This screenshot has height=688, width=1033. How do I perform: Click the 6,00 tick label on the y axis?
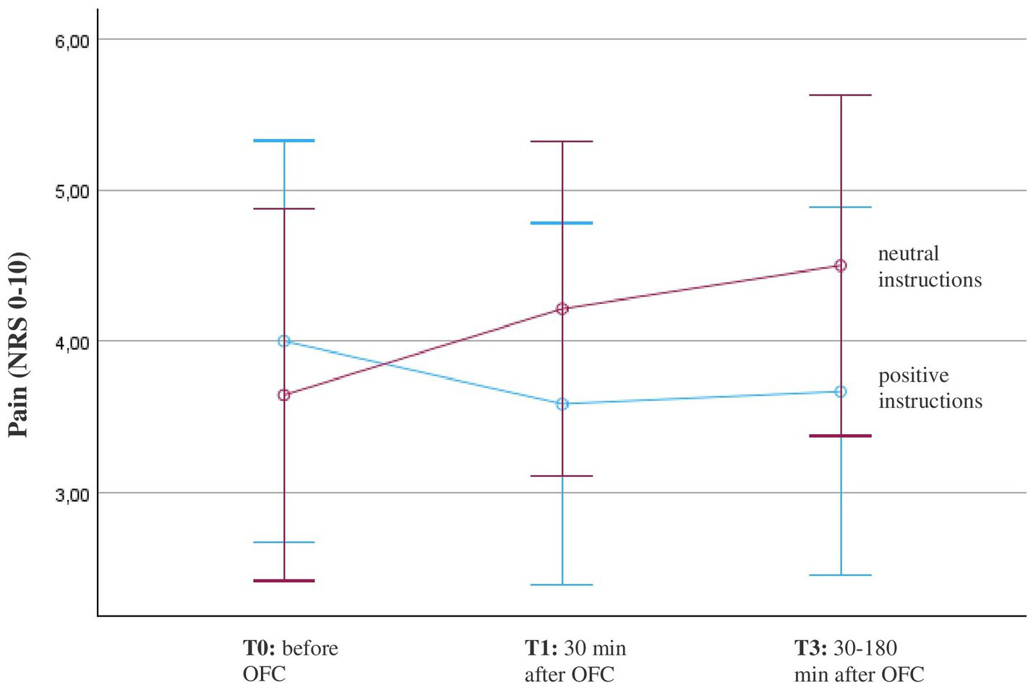click(x=72, y=41)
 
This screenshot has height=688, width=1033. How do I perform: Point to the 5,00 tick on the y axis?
click(x=72, y=192)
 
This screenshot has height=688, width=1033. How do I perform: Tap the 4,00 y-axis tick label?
click(x=72, y=342)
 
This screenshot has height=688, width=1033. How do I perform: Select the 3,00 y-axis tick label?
click(x=72, y=494)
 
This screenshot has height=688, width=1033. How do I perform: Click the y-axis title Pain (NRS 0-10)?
click(x=19, y=344)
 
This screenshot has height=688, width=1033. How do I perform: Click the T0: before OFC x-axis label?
click(x=290, y=661)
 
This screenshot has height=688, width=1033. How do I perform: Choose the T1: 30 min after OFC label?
click(x=575, y=661)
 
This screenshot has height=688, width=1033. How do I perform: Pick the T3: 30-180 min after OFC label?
click(x=858, y=661)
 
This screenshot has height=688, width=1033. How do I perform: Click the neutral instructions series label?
click(x=929, y=266)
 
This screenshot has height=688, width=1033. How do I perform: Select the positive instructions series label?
click(x=930, y=388)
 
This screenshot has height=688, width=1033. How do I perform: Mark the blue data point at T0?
click(x=284, y=341)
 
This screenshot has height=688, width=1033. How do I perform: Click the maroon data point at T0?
click(x=284, y=395)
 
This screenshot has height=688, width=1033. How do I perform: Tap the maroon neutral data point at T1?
click(x=562, y=309)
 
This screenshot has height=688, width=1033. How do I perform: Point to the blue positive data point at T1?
click(x=562, y=404)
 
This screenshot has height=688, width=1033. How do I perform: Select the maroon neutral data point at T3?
click(x=841, y=266)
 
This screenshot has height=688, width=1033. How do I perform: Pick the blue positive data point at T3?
click(x=841, y=391)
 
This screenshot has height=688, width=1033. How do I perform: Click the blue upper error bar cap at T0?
click(x=284, y=140)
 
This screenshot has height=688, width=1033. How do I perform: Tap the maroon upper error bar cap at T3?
click(x=841, y=95)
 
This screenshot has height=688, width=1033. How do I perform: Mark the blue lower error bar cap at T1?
click(x=562, y=585)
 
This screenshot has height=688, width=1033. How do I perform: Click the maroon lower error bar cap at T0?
click(x=284, y=580)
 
